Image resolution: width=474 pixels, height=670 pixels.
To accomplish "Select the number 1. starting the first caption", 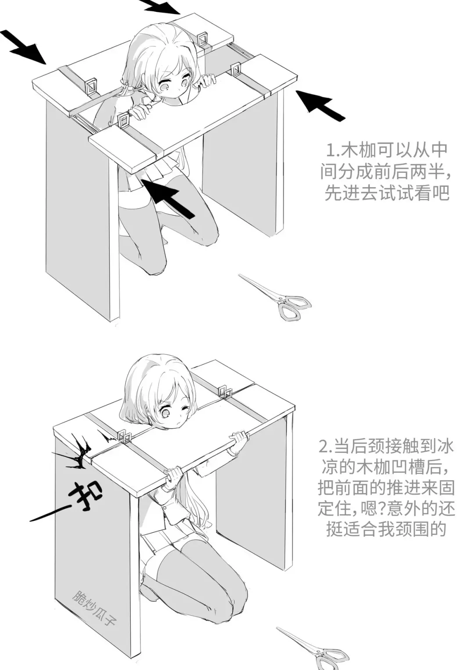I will click(331, 150).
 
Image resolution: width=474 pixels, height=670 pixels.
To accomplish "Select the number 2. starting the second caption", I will click(326, 447).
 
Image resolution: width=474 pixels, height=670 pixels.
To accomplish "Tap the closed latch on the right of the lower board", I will click(225, 391).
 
